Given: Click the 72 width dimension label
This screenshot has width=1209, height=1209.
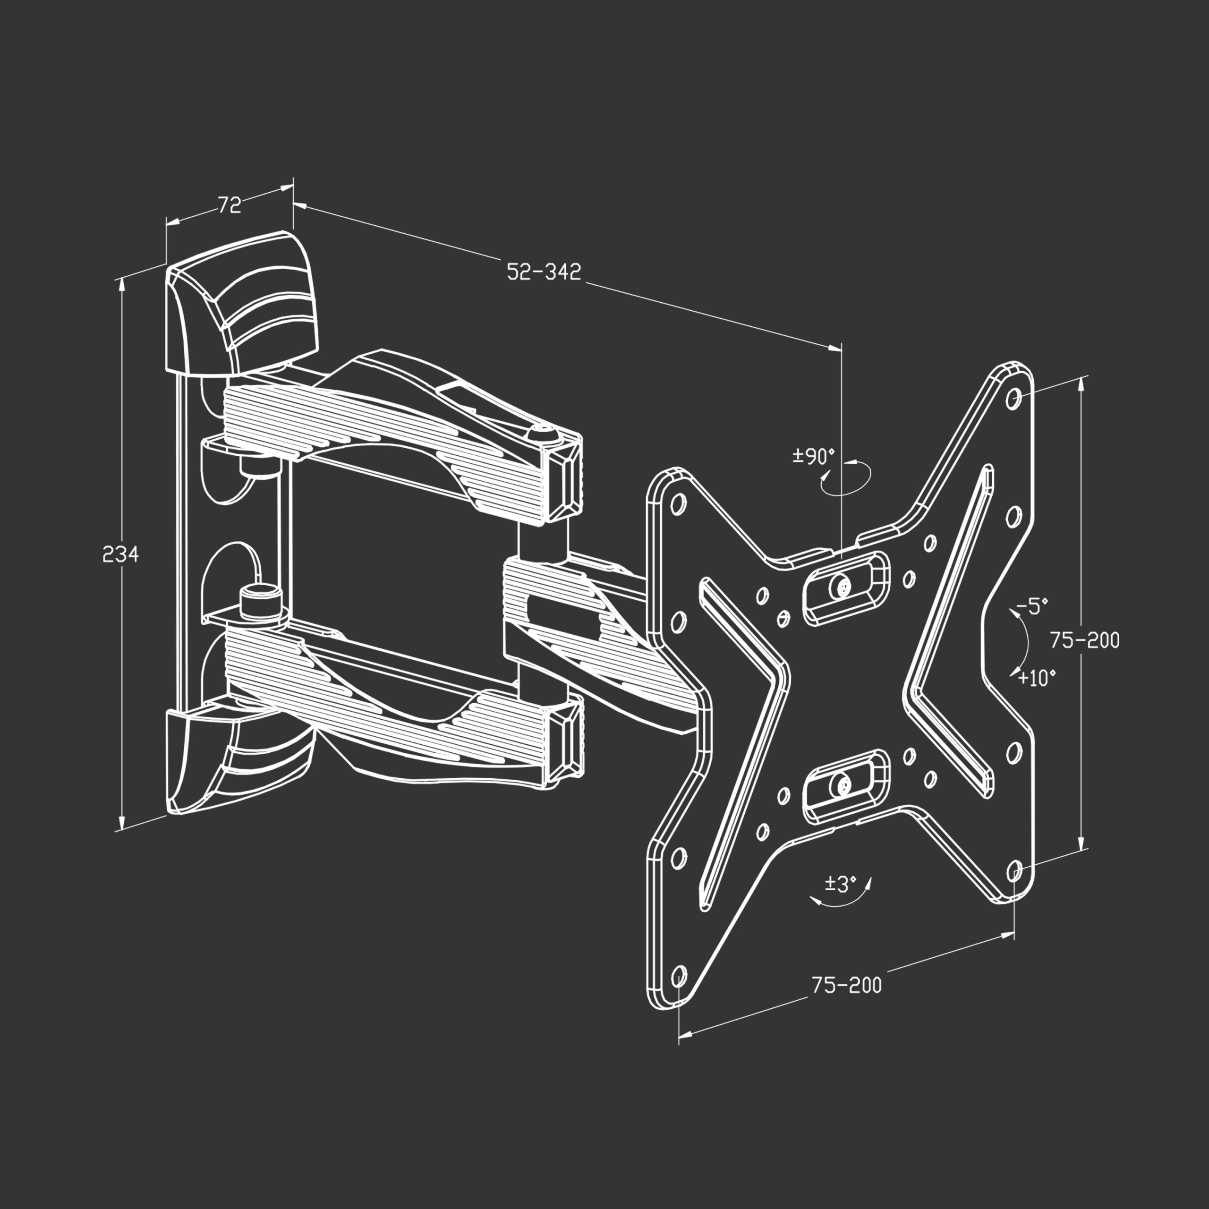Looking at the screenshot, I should pos(230,204).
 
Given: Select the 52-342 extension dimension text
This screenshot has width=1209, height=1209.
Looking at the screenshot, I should pos(543,272).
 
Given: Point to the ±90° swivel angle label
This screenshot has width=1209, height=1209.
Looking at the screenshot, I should pos(814,456).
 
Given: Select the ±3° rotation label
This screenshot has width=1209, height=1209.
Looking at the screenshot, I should pos(840,884).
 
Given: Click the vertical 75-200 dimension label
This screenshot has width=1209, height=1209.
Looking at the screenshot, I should pos(1084,640).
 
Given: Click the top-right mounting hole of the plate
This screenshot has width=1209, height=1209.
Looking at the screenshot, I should pos(1014,398).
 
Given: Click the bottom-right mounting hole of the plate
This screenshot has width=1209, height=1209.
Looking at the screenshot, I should pos(1014,870).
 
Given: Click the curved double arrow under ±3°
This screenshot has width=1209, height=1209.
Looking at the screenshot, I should pos(841,900).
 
